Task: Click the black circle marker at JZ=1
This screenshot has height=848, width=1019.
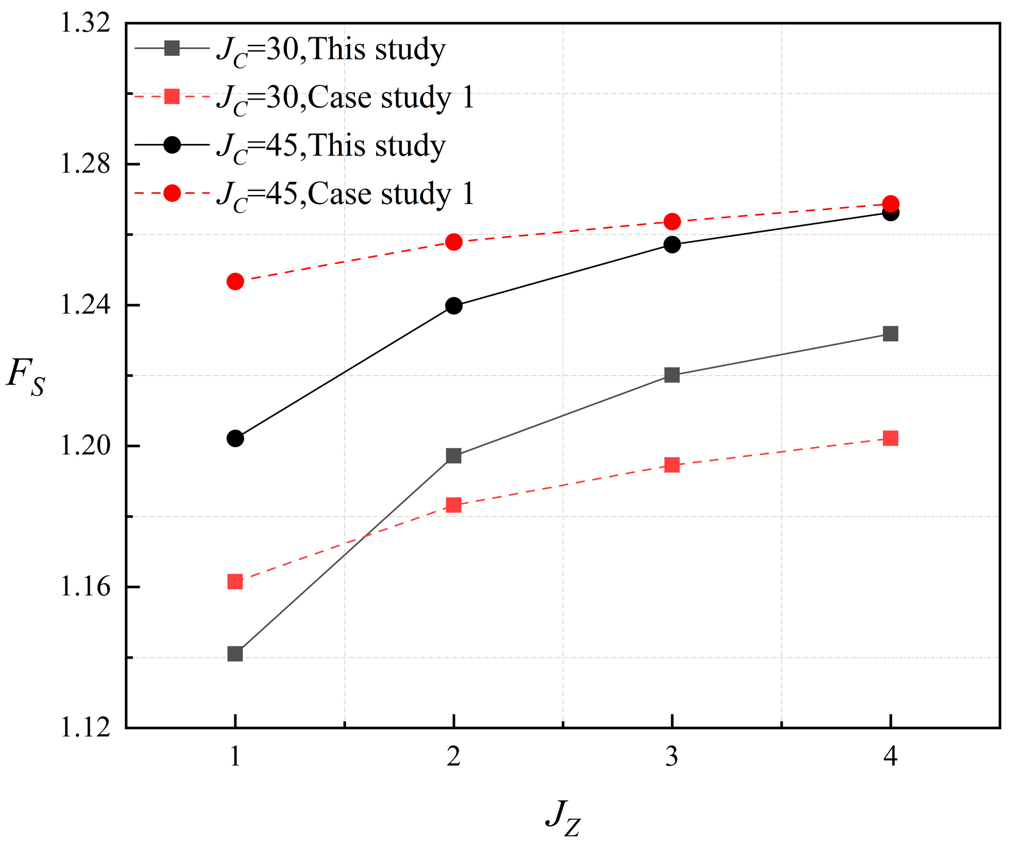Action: [x=235, y=438]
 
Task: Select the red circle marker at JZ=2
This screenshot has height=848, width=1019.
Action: [x=454, y=242]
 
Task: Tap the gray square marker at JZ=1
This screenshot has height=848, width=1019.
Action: [x=235, y=654]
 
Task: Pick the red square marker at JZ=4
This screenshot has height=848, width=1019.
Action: [x=891, y=438]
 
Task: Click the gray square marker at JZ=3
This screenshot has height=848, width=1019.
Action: [x=672, y=375]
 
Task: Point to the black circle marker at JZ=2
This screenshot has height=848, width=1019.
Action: [x=454, y=306]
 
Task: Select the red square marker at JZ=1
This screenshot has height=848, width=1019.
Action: [x=235, y=582]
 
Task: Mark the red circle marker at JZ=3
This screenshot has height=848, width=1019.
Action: [x=672, y=221]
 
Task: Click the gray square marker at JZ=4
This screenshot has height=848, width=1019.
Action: [x=891, y=333]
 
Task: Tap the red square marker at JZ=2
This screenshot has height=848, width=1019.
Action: [x=454, y=505]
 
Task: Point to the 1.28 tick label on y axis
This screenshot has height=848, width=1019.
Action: [x=85, y=164]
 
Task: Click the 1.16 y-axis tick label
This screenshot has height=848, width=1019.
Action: [x=85, y=587]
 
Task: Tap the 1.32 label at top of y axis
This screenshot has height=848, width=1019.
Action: [x=85, y=23]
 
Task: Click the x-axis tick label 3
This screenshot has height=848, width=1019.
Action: [x=672, y=756]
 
